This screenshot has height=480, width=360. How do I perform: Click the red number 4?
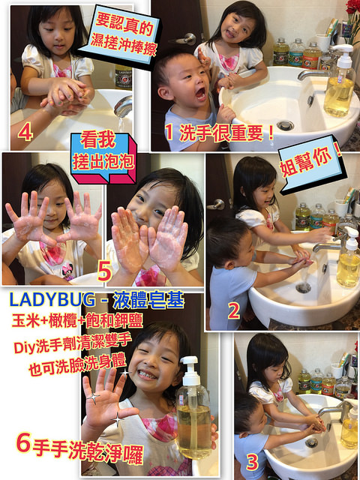coord(25,133)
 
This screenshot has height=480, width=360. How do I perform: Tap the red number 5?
coord(104,270)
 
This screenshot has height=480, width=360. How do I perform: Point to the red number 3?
coord(252,459)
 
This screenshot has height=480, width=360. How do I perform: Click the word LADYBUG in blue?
coord(57,300)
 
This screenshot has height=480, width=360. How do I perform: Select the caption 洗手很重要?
coord(219,134)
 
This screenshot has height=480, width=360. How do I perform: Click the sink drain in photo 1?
coord(285,125)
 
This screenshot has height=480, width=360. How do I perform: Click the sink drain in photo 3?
coord(311,443)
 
